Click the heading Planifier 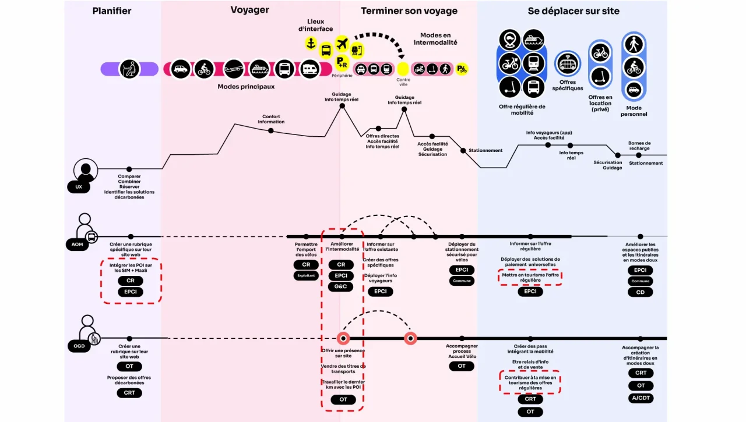click(112, 11)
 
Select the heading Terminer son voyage click(409, 11)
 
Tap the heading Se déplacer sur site click(573, 11)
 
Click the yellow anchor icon click(311, 43)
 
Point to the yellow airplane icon click(342, 43)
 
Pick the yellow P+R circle click(342, 62)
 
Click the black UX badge click(79, 187)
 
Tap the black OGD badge click(78, 347)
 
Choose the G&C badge click(340, 286)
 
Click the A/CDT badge click(641, 398)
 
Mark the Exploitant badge click(306, 276)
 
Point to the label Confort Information click(271, 119)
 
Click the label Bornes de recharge click(639, 146)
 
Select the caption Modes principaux click(246, 87)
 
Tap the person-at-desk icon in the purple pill click(129, 69)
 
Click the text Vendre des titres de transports click(343, 368)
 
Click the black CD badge click(641, 292)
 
